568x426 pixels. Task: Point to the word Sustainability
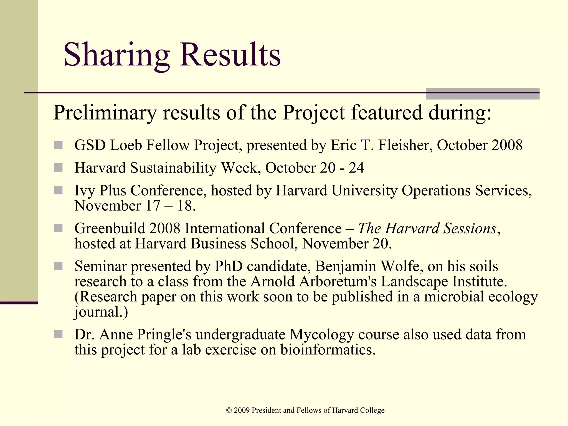click(174, 168)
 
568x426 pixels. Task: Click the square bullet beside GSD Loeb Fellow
click(58, 145)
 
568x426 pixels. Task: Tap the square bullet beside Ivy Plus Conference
click(58, 191)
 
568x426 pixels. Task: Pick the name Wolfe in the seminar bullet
click(402, 266)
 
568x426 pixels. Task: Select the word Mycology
click(322, 334)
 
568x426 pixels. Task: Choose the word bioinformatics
click(328, 350)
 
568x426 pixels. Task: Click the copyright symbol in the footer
click(229, 410)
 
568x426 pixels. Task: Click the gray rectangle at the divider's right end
click(483, 94)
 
